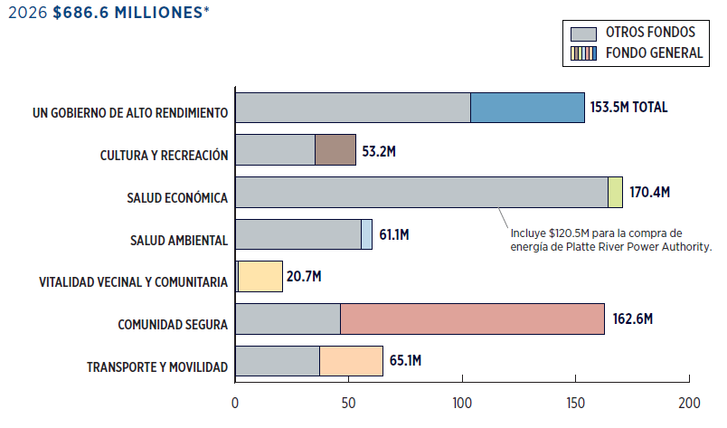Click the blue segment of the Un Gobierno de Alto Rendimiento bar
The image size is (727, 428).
point(527,108)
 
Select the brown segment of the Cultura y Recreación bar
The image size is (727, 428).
point(335,150)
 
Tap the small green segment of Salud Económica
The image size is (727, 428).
point(615,192)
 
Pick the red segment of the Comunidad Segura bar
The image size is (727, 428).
point(472,319)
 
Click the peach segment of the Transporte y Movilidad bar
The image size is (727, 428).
point(351,362)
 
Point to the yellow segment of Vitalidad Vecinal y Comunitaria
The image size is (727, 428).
point(260,277)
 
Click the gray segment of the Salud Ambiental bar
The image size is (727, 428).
point(297,234)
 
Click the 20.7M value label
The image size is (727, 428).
point(305,277)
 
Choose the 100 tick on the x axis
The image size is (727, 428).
point(462,402)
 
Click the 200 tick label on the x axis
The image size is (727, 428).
point(689,402)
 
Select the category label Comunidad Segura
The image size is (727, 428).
point(172,324)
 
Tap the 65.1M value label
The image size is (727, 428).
point(405,362)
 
